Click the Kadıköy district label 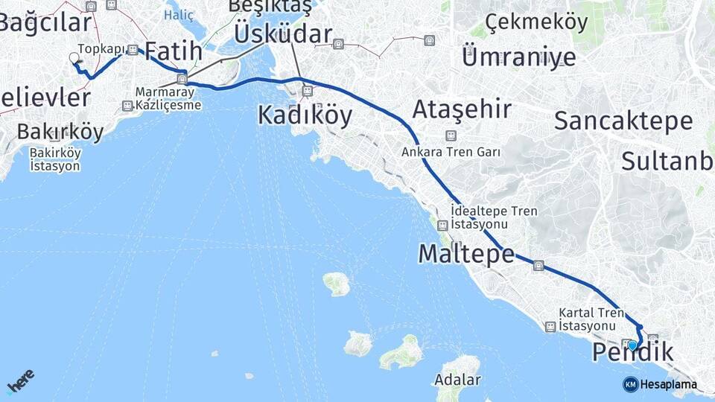pyautogui.click(x=305, y=115)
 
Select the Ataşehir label pyautogui.click(x=462, y=109)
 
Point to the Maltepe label pyautogui.click(x=466, y=254)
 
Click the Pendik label pyautogui.click(x=634, y=353)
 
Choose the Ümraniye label pyautogui.click(x=519, y=56)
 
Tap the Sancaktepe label pyautogui.click(x=623, y=120)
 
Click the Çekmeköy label pyautogui.click(x=536, y=22)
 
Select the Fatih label pyautogui.click(x=173, y=51)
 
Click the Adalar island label pyautogui.click(x=458, y=380)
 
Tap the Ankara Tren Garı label pyautogui.click(x=450, y=151)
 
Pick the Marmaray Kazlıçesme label pyautogui.click(x=168, y=99)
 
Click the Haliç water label pyautogui.click(x=179, y=14)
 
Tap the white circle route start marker pyautogui.click(x=74, y=57)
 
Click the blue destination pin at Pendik pyautogui.click(x=633, y=345)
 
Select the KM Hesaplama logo pyautogui.click(x=660, y=384)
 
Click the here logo pyautogui.click(x=20, y=381)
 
